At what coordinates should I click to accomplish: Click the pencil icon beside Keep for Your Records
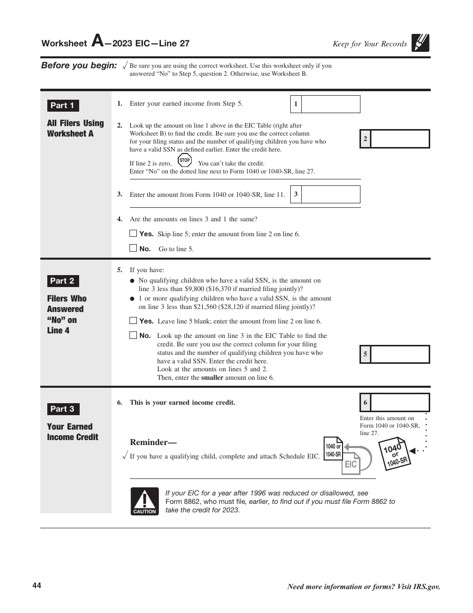coord(421,43)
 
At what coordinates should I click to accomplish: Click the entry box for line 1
coord(331,104)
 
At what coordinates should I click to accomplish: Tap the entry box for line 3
coord(331,194)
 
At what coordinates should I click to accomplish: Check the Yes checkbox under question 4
coord(133,233)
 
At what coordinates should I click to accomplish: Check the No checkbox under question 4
coord(133,248)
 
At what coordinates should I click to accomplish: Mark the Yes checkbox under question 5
coord(133,321)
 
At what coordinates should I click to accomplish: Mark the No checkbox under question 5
coord(133,335)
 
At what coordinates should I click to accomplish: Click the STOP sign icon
coord(185,160)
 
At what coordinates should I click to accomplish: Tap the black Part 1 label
coord(63,106)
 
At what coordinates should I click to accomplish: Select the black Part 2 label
coord(63,281)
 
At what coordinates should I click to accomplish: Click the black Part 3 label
coord(63,409)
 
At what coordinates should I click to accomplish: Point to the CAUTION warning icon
coord(144,501)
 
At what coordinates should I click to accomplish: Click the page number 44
coord(37,586)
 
